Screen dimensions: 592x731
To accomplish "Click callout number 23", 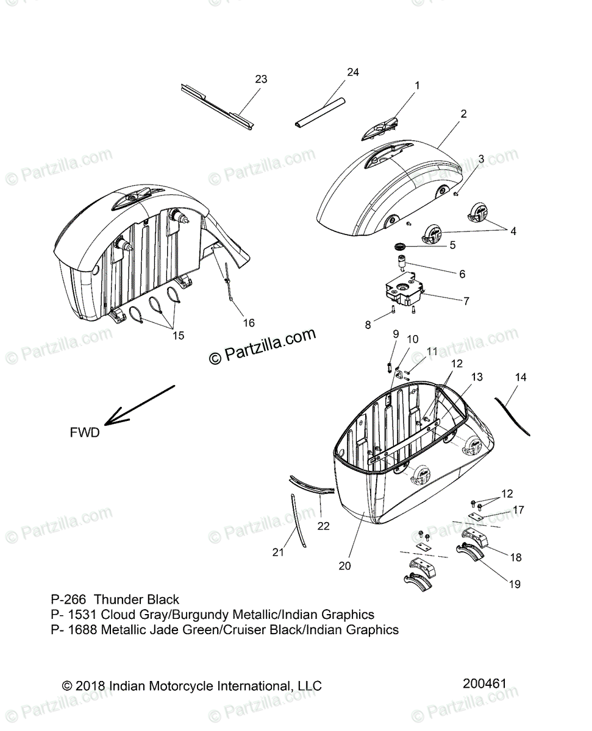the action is [261, 79].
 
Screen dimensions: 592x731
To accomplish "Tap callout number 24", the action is [352, 72].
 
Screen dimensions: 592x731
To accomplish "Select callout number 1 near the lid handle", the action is [417, 86].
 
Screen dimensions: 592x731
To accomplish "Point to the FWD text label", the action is [84, 433].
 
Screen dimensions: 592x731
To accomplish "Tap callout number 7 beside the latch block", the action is [466, 300].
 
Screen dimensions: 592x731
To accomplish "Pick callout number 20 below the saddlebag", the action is [344, 565].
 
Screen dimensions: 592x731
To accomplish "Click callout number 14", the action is [520, 377].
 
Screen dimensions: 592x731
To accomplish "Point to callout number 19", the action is [515, 584].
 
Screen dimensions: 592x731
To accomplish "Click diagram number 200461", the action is [484, 684].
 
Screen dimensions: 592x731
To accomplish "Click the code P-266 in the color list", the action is [70, 600].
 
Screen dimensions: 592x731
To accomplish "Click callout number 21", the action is [278, 552].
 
